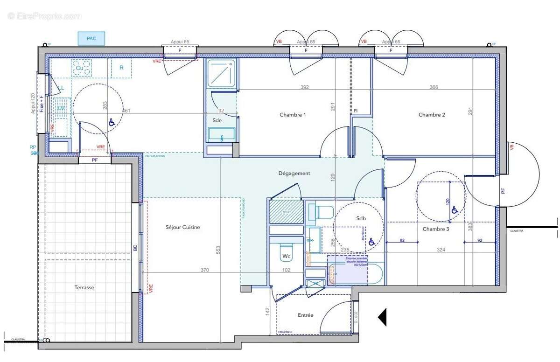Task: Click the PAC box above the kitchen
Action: click(91, 38)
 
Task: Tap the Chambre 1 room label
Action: click(293, 115)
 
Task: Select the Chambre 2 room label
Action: click(432, 115)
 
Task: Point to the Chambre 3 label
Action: click(436, 229)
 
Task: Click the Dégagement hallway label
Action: click(294, 173)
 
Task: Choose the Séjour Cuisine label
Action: click(182, 227)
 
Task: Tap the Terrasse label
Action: click(84, 288)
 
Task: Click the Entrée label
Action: click(305, 315)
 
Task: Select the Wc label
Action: click(286, 256)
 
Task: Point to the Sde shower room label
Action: click(217, 120)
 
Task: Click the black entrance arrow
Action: click(382, 317)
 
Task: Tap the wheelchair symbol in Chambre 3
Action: click(454, 210)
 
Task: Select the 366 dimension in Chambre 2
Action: click(434, 87)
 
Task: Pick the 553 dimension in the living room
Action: click(219, 250)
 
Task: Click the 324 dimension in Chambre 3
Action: click(441, 250)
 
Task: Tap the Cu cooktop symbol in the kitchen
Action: click(80, 68)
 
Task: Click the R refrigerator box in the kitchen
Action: click(121, 68)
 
